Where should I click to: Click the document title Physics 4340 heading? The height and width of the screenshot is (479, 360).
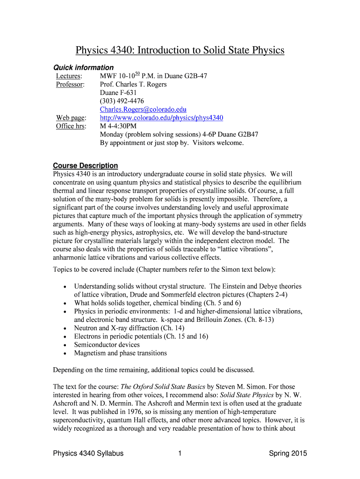click(180, 51)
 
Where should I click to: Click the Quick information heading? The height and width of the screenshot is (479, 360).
click(83, 67)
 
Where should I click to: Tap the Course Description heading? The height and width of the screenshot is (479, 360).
click(86, 166)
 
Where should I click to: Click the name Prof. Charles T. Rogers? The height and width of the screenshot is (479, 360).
click(133, 84)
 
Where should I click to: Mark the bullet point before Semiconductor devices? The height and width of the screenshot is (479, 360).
click(64, 345)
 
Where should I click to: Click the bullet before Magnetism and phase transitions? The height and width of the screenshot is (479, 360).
click(64, 354)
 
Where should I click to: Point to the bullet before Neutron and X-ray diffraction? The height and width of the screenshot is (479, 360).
click(64, 328)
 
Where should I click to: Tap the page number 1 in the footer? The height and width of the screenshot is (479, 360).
click(180, 453)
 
